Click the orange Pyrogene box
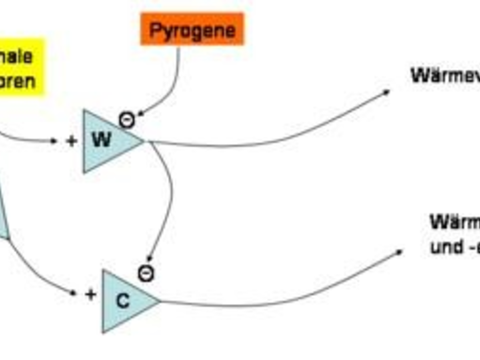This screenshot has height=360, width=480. [x=192, y=29]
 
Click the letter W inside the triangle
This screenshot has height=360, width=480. [x=101, y=140]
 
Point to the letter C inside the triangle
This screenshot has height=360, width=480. [x=122, y=301]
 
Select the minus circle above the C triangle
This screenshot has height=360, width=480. [x=146, y=274]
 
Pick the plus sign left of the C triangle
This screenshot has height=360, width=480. [x=90, y=295]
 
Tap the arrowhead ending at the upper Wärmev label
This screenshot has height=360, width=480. [x=386, y=92]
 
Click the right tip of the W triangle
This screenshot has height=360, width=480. [x=143, y=141]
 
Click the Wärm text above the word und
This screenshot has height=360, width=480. [x=454, y=222]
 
